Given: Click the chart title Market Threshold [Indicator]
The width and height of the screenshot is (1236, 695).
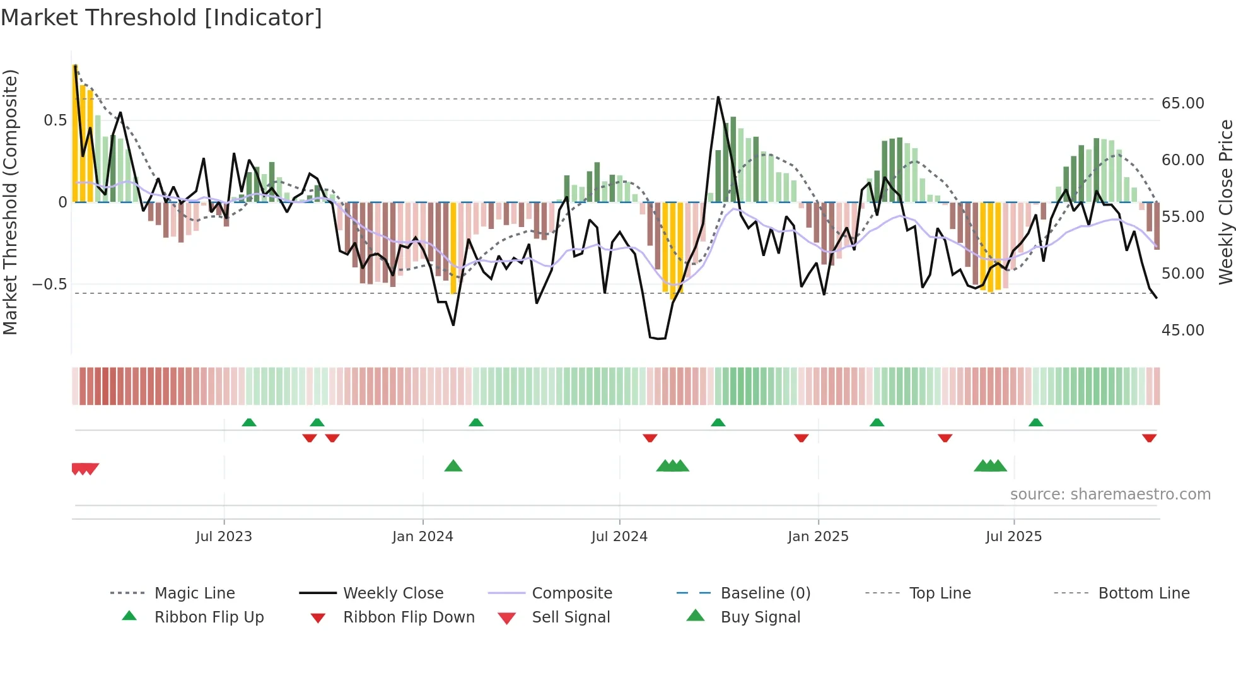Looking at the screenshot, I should (161, 18).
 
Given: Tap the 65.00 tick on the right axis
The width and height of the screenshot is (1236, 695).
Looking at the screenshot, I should (1182, 103).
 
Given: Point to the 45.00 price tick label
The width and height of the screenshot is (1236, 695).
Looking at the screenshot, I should (1182, 330).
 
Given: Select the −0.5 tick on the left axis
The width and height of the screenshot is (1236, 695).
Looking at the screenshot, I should (49, 284).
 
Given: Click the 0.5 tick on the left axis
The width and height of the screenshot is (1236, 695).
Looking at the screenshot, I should (55, 120).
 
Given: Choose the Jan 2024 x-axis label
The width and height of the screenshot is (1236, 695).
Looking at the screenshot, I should (423, 537).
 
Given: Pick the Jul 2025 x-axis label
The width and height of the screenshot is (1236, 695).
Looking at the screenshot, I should (1013, 537).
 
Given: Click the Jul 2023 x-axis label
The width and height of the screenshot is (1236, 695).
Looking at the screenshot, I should (224, 537).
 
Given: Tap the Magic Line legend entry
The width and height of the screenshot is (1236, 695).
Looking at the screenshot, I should (194, 593).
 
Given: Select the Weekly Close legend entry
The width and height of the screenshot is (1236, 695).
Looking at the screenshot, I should (393, 593).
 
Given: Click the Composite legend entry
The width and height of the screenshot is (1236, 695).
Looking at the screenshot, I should (572, 593).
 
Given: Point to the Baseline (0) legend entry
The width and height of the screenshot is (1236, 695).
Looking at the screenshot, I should (765, 593).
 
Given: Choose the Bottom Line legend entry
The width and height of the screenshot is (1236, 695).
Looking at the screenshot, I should (1143, 593).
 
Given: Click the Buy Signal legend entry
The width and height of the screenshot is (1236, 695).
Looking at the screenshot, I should (760, 617).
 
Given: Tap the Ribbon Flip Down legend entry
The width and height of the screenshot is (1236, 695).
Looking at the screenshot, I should (409, 617).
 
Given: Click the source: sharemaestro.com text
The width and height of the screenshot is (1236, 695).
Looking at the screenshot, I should (1110, 494).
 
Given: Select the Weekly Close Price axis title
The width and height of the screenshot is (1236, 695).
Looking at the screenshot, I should (1225, 202).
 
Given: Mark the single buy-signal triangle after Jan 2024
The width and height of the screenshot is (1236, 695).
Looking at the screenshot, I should (453, 467).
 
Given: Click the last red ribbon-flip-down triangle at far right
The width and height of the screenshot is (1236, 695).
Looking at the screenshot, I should (1149, 438).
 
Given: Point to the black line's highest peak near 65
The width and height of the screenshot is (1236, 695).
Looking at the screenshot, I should (718, 97).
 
